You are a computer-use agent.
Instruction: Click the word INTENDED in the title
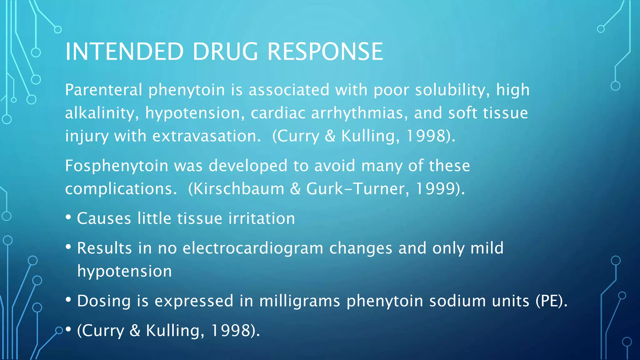coord(124,52)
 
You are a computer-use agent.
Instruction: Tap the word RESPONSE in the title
coord(325,52)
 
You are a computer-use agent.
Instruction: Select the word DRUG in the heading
coord(225,52)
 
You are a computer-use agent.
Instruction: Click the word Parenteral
coord(104,90)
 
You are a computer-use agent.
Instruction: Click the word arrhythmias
coord(359,113)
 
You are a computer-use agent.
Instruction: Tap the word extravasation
coord(207,136)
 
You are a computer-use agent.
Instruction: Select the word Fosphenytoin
coord(117,166)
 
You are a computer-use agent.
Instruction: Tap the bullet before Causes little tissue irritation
coord(68,217)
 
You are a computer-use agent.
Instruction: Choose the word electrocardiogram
coord(253,248)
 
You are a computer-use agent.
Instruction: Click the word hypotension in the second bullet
coord(124,271)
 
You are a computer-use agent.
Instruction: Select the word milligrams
coord(299,301)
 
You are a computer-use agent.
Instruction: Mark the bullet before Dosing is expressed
coord(68,300)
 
